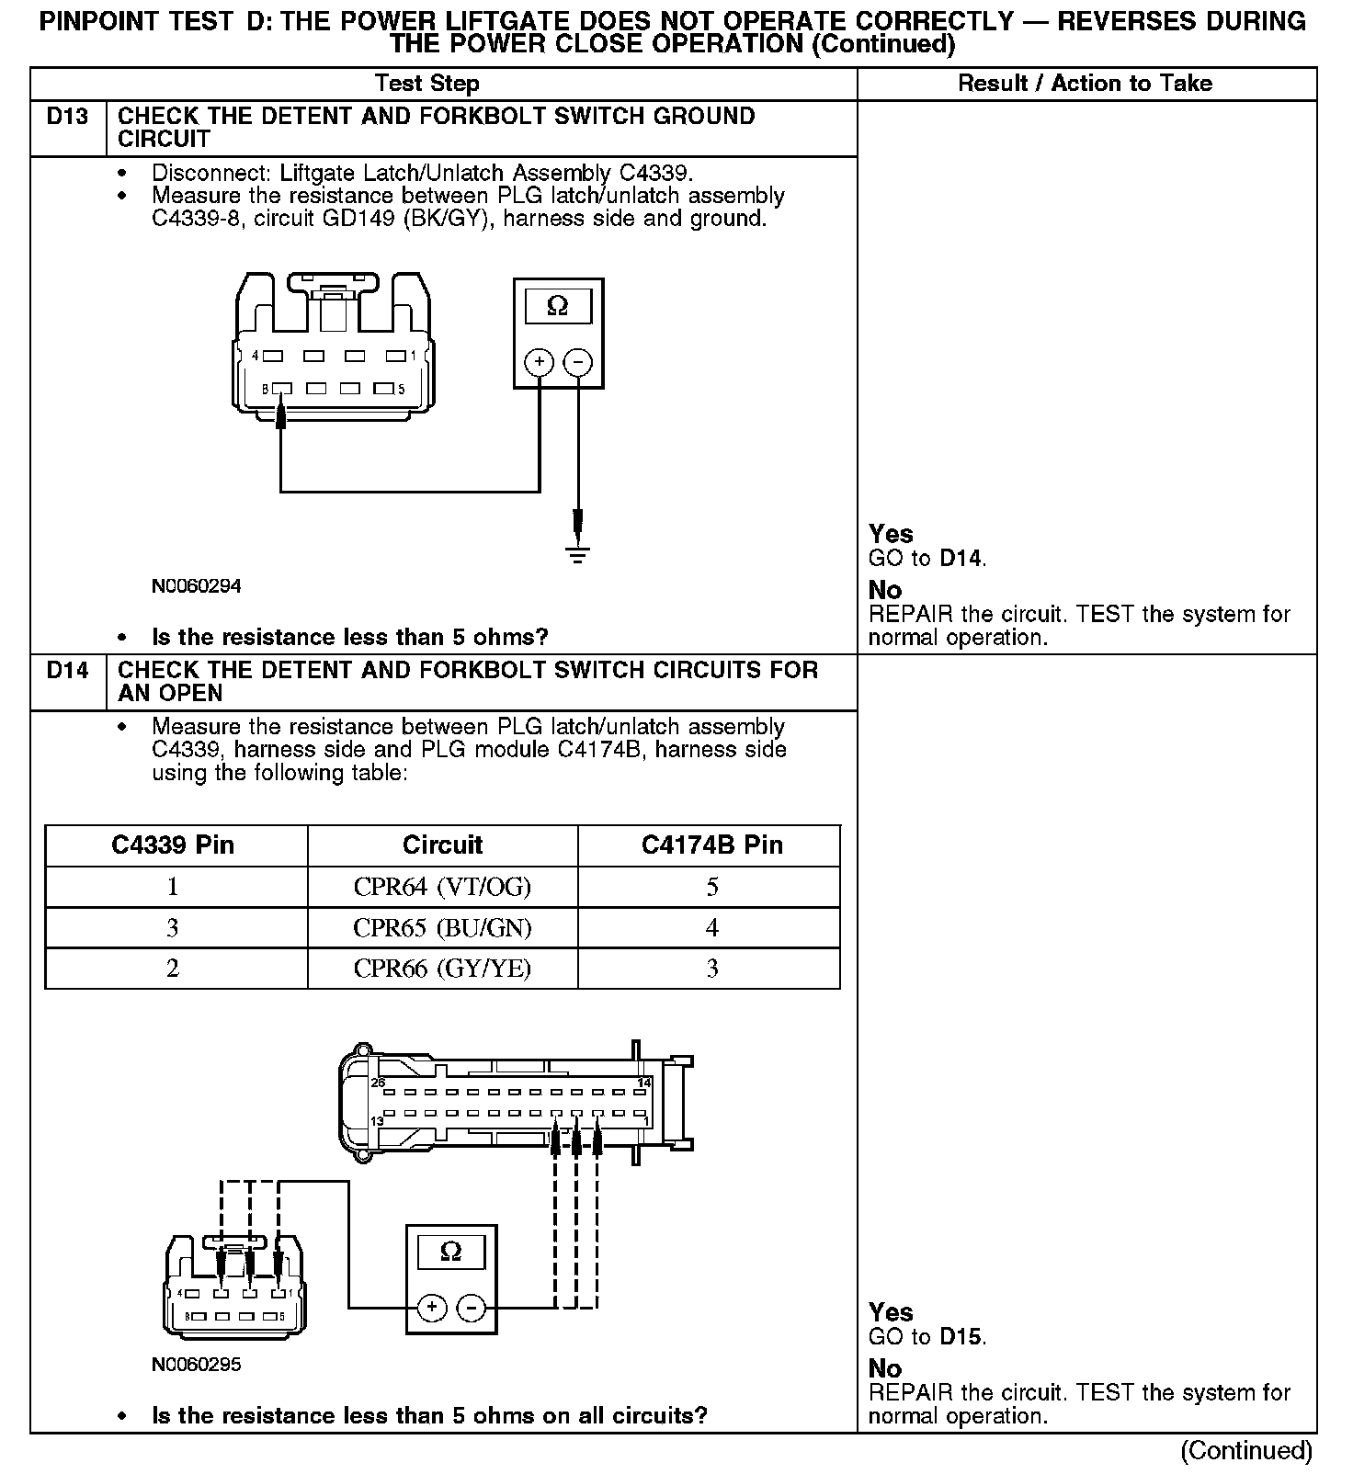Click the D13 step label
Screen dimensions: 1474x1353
click(x=67, y=117)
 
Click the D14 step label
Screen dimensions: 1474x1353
click(x=67, y=671)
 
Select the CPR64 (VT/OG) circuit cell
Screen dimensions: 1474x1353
click(x=442, y=887)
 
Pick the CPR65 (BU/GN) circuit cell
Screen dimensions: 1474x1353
click(x=442, y=928)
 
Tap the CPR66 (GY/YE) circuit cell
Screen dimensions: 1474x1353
click(x=442, y=969)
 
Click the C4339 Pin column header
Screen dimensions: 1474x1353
click(x=173, y=845)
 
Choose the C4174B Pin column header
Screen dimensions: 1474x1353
click(x=711, y=845)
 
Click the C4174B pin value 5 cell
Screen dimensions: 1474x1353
click(x=711, y=887)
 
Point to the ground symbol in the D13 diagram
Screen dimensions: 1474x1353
click(x=577, y=554)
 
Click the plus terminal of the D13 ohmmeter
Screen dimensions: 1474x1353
click(x=539, y=362)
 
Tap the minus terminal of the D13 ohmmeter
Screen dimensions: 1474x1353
click(x=577, y=362)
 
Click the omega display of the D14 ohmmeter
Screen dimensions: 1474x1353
click(x=450, y=1252)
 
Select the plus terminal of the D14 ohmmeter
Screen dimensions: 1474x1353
click(x=432, y=1307)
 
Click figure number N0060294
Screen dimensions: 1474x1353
click(x=197, y=586)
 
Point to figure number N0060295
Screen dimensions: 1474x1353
click(x=197, y=1365)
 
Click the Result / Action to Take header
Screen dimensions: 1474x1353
click(x=1085, y=84)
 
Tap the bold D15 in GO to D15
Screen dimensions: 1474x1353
click(x=961, y=1337)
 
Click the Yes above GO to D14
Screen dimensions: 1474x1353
click(x=891, y=534)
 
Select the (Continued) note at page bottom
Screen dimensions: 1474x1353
click(x=1245, y=1450)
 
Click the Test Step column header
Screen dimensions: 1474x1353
click(x=427, y=84)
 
